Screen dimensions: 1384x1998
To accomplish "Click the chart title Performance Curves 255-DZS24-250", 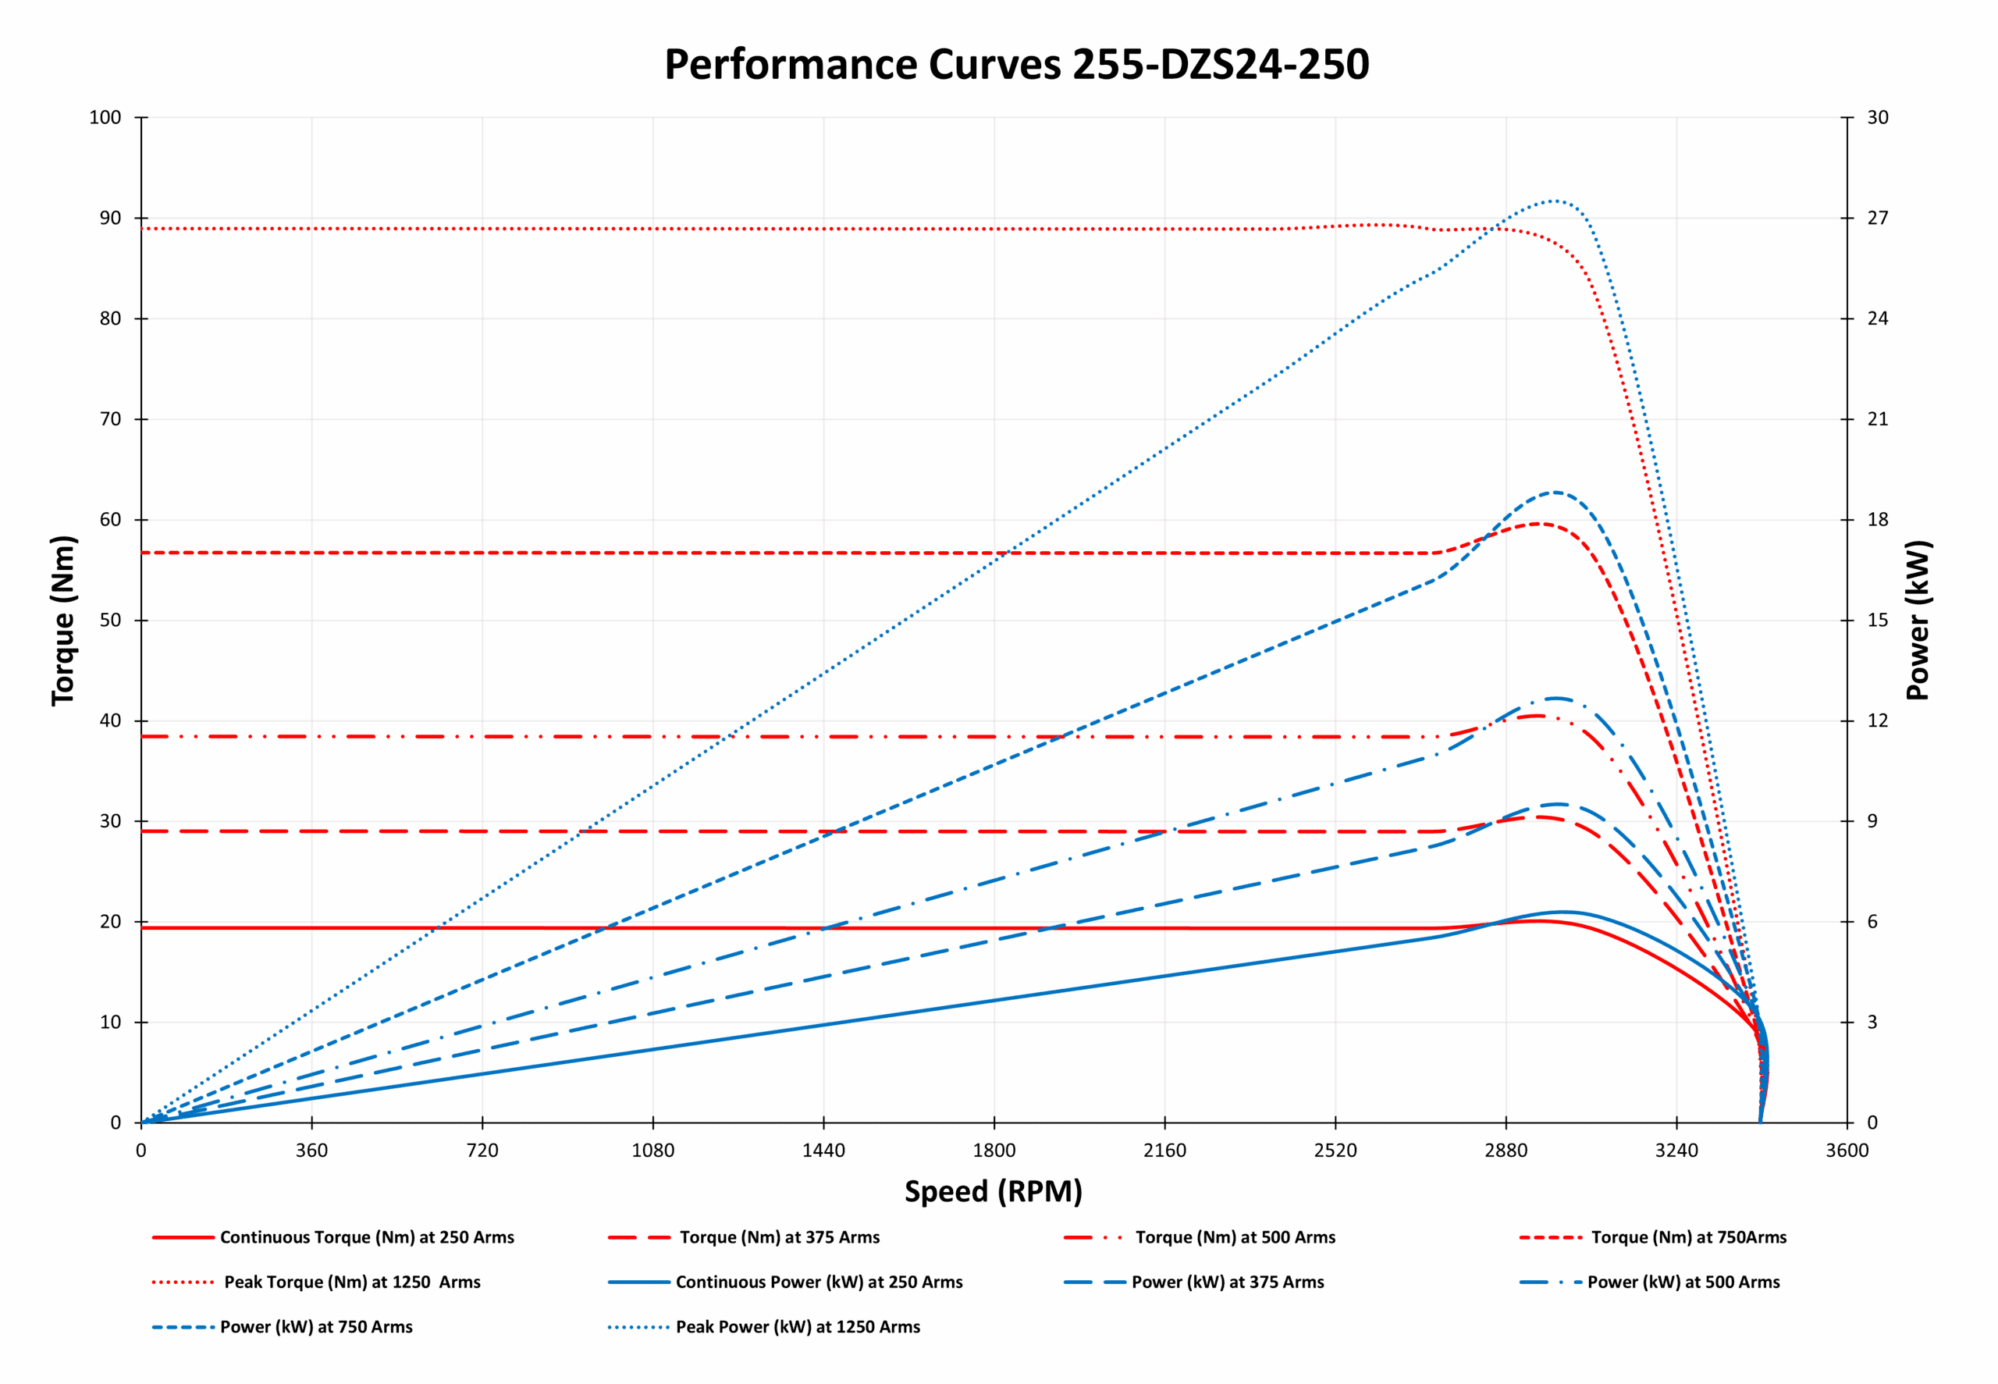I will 1016,64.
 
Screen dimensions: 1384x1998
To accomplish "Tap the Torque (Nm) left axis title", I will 63,620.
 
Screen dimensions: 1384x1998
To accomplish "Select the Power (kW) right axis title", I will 1918,620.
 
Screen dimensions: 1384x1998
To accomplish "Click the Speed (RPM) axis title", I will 994,1191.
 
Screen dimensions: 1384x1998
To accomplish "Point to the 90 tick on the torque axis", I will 110,218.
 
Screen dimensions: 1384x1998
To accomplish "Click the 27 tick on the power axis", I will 1878,218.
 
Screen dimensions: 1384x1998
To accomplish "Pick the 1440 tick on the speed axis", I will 823,1151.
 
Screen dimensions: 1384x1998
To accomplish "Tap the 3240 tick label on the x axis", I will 1676,1151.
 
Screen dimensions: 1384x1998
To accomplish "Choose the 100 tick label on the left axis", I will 105,117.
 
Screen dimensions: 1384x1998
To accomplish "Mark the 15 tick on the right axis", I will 1878,620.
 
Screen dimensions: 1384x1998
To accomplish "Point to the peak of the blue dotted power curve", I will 1554,201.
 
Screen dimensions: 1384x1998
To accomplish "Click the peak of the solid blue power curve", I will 1562,913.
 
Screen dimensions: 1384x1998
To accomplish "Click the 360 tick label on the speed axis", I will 311,1151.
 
